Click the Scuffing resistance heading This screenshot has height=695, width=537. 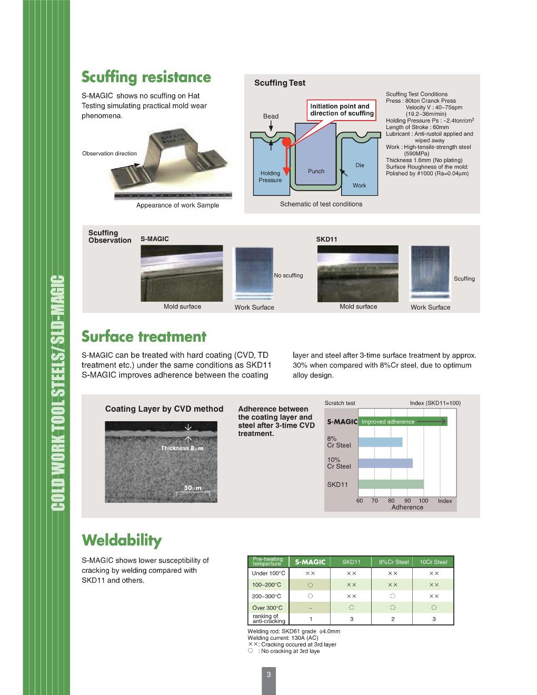coord(146,77)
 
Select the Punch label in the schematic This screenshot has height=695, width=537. coord(316,171)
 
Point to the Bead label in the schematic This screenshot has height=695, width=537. coord(271,116)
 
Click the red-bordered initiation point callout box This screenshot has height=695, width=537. coord(342,110)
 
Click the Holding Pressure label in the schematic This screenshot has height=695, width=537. coord(270,176)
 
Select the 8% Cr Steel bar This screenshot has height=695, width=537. coord(380,442)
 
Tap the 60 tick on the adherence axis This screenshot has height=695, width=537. coord(360,501)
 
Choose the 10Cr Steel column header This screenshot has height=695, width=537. coord(433,562)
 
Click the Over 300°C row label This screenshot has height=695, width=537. coord(267,608)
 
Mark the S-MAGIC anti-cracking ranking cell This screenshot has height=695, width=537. coord(311,619)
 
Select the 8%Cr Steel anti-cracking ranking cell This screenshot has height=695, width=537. coord(393,619)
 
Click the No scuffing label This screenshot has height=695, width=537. coord(289,275)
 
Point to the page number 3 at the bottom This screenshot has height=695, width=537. coord(268,674)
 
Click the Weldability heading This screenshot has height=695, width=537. coord(122,540)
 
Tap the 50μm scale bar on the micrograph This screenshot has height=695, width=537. coord(196,491)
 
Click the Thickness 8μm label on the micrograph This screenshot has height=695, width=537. coord(182,448)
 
